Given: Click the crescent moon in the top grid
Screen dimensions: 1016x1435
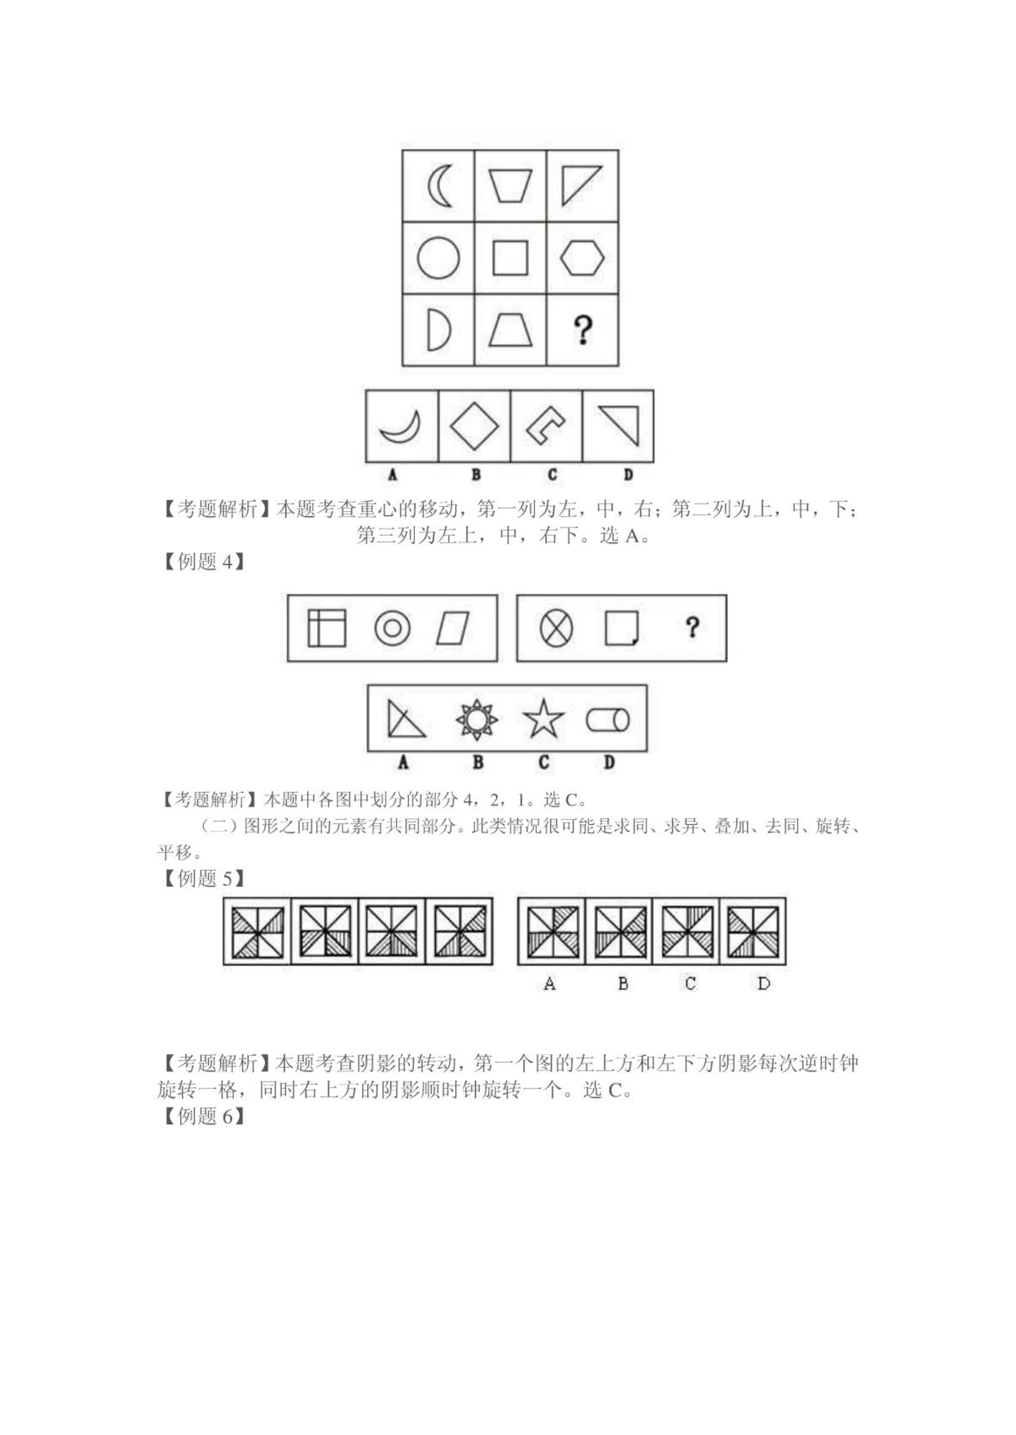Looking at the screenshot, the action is pos(434,186).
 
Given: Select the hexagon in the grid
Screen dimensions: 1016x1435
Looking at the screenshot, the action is pos(582,258).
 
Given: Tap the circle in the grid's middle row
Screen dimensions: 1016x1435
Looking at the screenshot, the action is pos(439,258).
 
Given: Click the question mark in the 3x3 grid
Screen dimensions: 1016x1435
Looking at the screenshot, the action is pos(582,330).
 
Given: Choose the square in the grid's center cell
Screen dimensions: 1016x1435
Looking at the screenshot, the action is pos(510,258).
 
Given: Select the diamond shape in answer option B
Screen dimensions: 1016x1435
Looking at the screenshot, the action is pos(474,426).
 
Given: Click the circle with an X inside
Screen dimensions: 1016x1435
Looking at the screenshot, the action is pos(556,628).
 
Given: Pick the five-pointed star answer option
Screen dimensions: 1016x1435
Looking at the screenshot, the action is pos(543,720).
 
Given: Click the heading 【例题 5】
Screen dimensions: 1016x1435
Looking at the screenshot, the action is pos(201,879).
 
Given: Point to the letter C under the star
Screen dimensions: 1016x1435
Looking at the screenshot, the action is pos(544,762).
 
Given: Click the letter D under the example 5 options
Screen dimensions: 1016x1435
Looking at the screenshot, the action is pos(764,984).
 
